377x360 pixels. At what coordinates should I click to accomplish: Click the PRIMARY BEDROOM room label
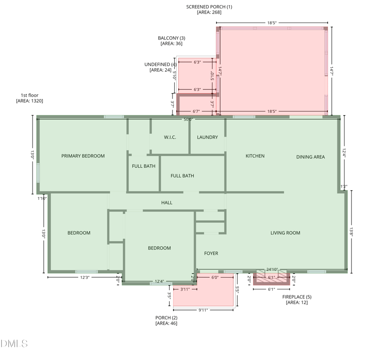pos(83,156)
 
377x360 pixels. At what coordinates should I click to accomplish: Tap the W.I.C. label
pos(170,137)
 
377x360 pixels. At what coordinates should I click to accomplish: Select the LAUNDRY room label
pos(207,137)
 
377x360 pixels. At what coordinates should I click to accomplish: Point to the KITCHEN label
pos(255,156)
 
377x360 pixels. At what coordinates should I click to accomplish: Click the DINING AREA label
pos(311,157)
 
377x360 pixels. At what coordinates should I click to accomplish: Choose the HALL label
pos(167,203)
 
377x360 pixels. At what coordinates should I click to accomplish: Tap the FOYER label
pos(211,253)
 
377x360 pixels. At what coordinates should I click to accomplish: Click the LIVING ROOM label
pos(285,233)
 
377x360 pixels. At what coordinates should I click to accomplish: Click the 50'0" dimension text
pos(188,119)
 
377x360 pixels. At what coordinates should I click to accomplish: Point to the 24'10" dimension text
pos(272,270)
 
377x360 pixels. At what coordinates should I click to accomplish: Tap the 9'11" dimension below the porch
pos(203,310)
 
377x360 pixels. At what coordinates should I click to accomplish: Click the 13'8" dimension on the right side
pos(351,232)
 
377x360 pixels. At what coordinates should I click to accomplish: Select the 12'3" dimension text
pos(85,277)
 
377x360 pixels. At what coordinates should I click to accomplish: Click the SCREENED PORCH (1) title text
pos(209,7)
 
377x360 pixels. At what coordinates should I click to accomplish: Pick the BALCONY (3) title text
pos(172,38)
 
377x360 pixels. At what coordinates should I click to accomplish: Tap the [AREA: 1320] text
pos(30,101)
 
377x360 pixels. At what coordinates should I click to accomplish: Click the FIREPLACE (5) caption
pos(297,297)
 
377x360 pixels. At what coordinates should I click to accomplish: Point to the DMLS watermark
pos(14,344)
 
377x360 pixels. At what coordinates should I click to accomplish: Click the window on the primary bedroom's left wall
pos(38,172)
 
